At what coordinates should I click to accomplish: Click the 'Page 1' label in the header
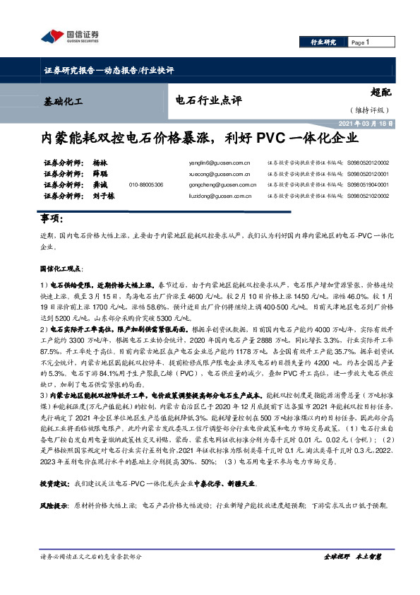[x=360, y=43]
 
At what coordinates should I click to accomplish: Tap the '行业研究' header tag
[x=323, y=43]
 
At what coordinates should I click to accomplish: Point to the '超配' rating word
[x=381, y=91]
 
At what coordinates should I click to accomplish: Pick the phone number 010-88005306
[x=146, y=184]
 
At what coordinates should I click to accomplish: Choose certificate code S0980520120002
[x=368, y=162]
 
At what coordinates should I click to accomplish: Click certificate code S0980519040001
[x=368, y=184]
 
